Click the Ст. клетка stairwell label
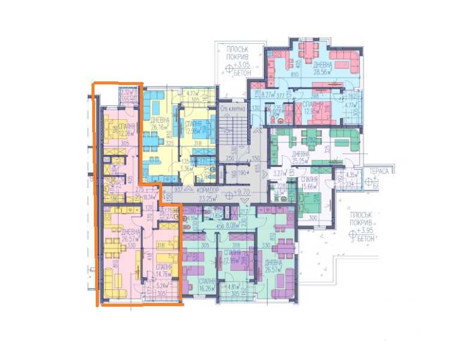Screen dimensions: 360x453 point(230,108)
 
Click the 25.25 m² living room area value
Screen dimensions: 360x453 point(300,161)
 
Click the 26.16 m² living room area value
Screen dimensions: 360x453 point(158,126)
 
